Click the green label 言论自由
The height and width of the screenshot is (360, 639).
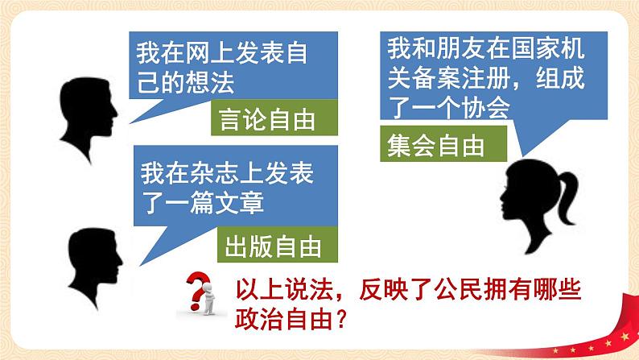pos(266,120)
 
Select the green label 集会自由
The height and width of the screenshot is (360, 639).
pos(434,146)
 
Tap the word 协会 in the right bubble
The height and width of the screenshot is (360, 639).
pos(489,110)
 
